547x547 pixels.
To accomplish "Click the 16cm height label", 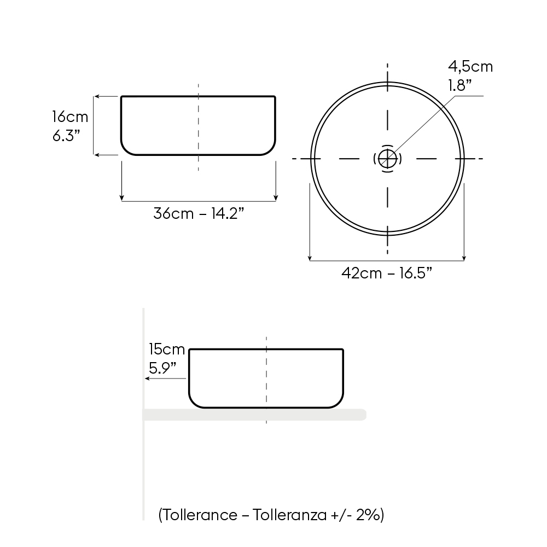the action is (70, 117).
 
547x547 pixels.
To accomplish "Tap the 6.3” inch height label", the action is (66, 135).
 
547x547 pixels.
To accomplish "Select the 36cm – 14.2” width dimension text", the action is (199, 213).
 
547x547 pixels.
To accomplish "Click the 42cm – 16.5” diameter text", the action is (387, 273).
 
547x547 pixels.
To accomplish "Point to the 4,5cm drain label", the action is (470, 66).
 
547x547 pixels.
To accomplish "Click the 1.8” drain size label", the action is (460, 85).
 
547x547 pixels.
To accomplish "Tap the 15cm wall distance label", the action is (167, 349).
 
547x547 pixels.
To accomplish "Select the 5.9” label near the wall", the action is (162, 368).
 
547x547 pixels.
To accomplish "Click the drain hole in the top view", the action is (387, 159).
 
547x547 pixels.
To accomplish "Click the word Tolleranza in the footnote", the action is (289, 515).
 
